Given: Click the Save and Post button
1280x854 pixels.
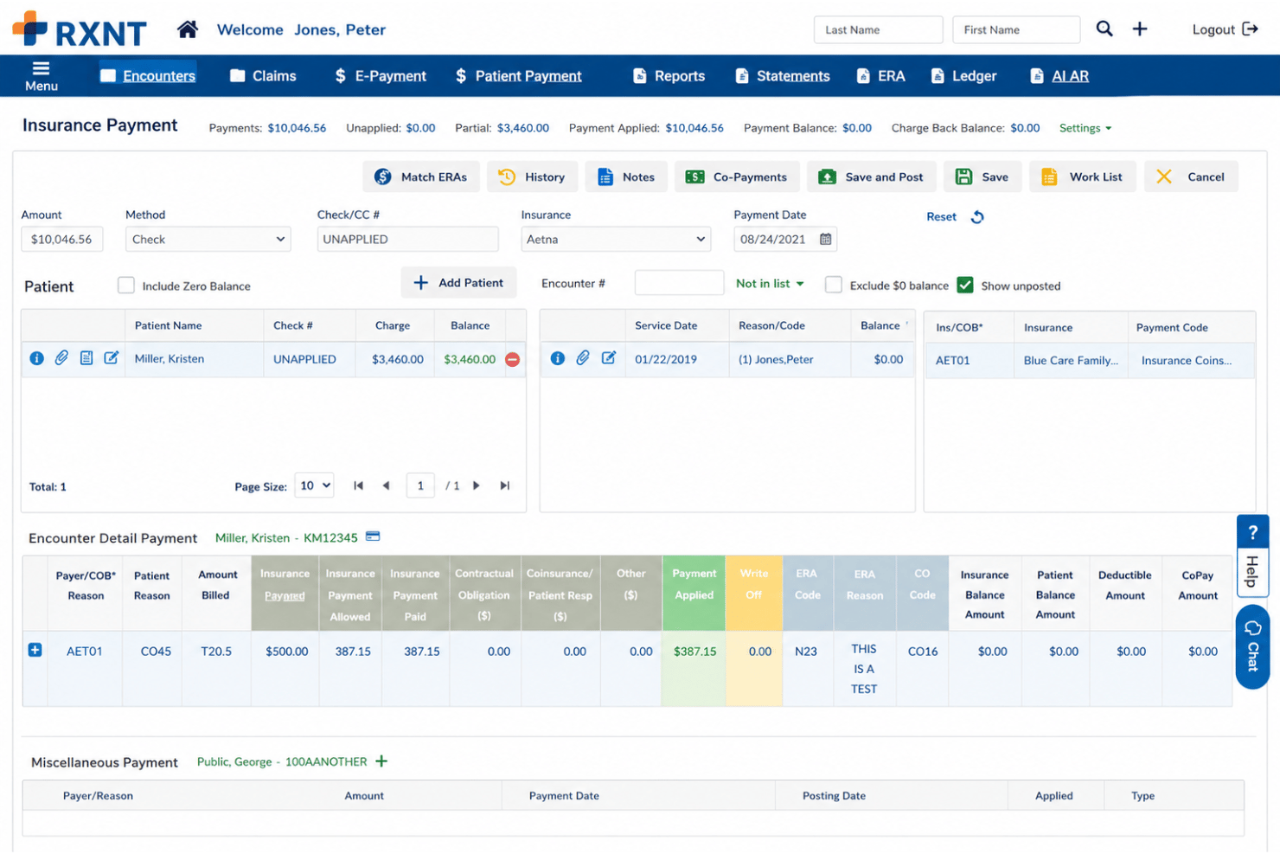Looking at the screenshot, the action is coord(871,177).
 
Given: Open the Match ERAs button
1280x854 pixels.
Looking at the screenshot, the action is coord(420,177).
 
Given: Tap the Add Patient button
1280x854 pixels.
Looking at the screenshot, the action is coord(459,282).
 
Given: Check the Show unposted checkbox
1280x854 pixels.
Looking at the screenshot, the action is coord(965,285).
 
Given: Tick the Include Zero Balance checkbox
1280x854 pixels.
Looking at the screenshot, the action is coord(125,286).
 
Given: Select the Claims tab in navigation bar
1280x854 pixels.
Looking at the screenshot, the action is coord(263,76).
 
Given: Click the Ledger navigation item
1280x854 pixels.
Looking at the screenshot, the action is coord(963,76).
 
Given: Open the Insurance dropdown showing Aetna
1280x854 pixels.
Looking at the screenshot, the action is coord(616,239).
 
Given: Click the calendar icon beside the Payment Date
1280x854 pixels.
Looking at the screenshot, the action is coord(825,239).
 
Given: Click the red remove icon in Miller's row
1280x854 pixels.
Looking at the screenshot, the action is coord(513,359).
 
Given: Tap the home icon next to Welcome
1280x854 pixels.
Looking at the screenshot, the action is coord(188,29).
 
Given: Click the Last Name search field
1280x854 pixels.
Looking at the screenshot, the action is coord(878,29).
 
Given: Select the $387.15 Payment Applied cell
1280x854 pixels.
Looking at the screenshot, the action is coord(694,651).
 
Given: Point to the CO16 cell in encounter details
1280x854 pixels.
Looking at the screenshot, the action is coord(922,651).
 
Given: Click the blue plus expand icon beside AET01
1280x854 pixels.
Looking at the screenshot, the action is coord(35,650).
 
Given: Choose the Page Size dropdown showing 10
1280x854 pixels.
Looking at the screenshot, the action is coord(314,485).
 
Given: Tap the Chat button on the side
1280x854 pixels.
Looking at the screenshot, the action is coord(1252,646).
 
